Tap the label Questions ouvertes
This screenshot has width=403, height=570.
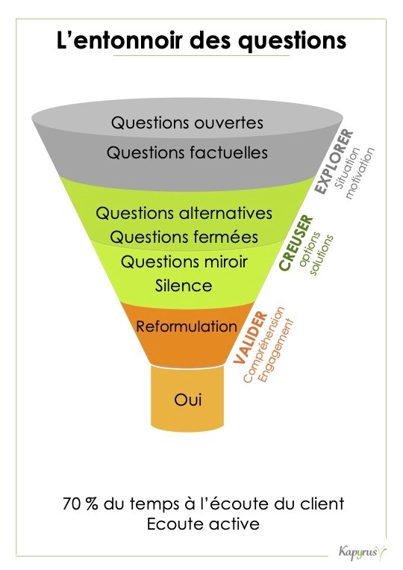187,123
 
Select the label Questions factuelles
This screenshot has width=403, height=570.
187,152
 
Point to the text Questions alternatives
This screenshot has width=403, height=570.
184,213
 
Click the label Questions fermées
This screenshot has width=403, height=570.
184,237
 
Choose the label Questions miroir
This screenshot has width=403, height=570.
184,261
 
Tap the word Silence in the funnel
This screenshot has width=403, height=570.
184,285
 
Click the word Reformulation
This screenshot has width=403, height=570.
187,326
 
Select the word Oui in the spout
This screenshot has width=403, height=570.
188,400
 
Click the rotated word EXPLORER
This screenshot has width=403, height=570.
334,162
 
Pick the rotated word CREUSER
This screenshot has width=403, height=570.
296,243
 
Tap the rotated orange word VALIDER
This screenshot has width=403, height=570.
251,338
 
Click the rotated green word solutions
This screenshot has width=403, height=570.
322,255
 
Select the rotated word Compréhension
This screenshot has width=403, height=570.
264,344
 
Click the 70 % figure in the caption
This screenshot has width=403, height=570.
81,504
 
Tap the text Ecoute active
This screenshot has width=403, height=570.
203,524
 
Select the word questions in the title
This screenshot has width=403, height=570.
293,41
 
